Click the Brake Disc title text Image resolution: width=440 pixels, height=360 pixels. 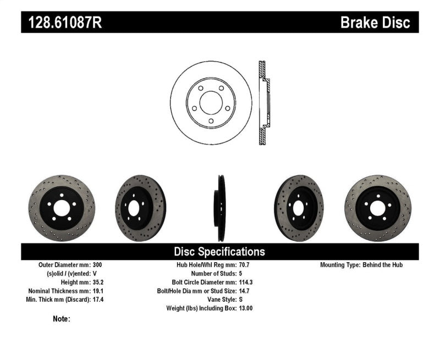click(375, 23)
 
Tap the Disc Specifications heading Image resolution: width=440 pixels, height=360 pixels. click(219, 252)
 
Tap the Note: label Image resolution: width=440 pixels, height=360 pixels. click(62, 319)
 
